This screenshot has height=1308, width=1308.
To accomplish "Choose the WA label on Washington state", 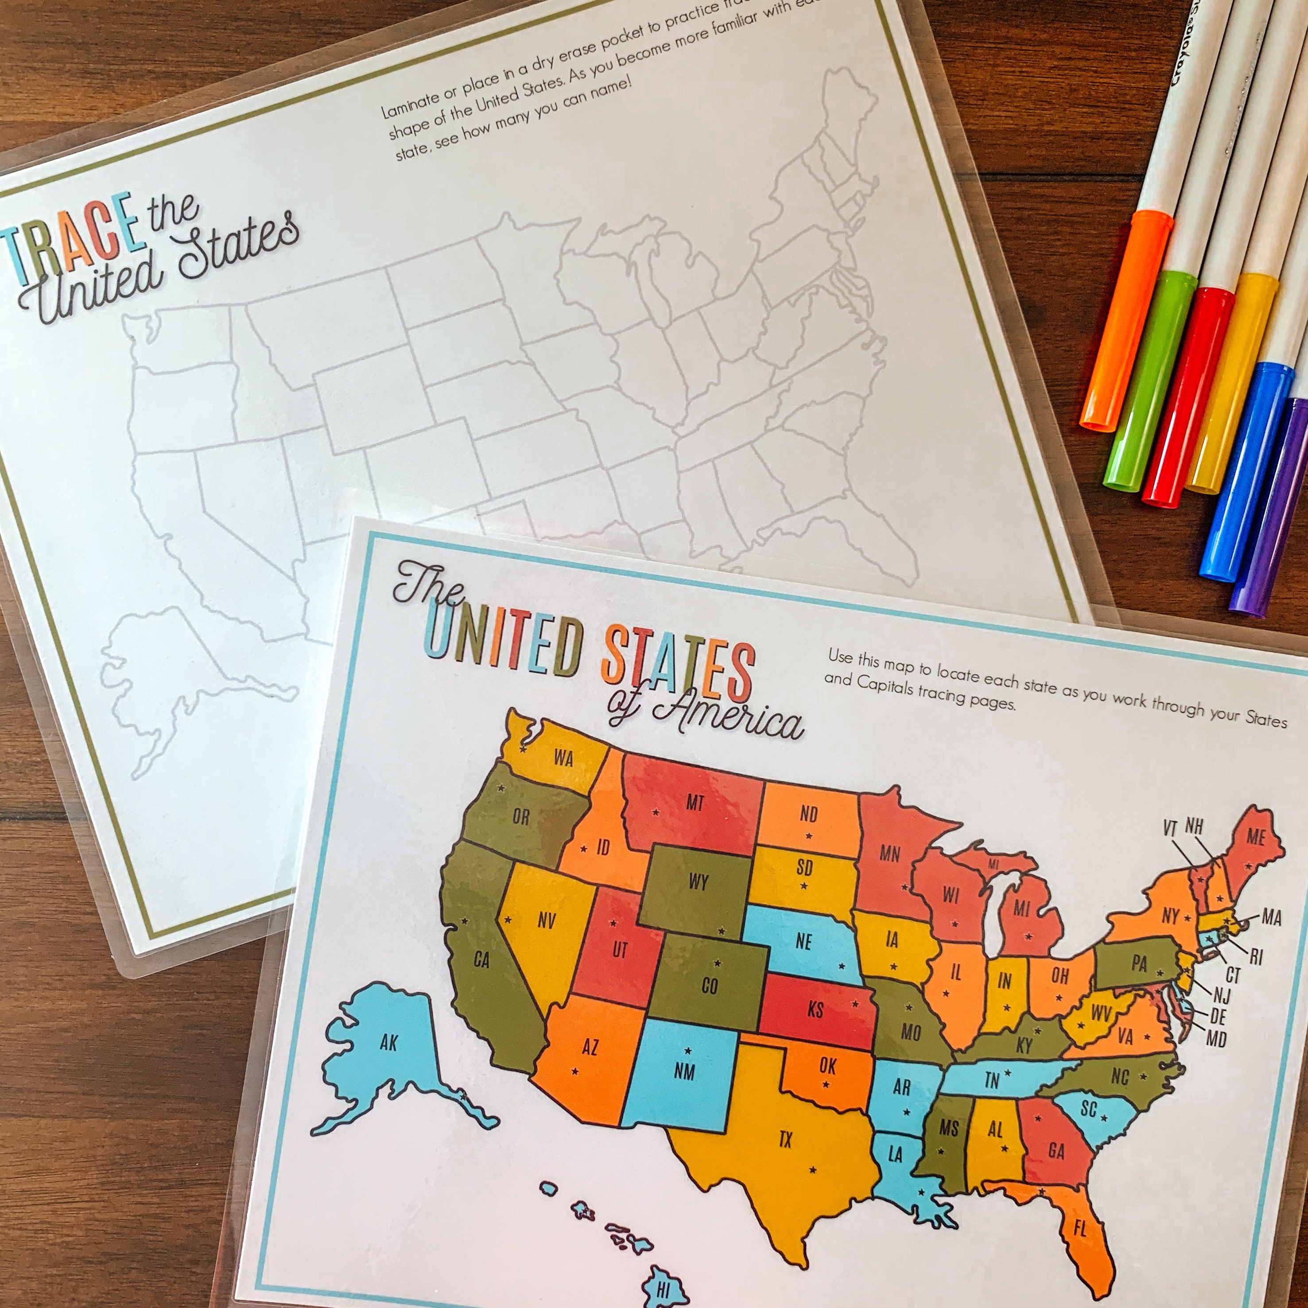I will click(563, 757).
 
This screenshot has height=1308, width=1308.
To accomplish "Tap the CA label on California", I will click(481, 960).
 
